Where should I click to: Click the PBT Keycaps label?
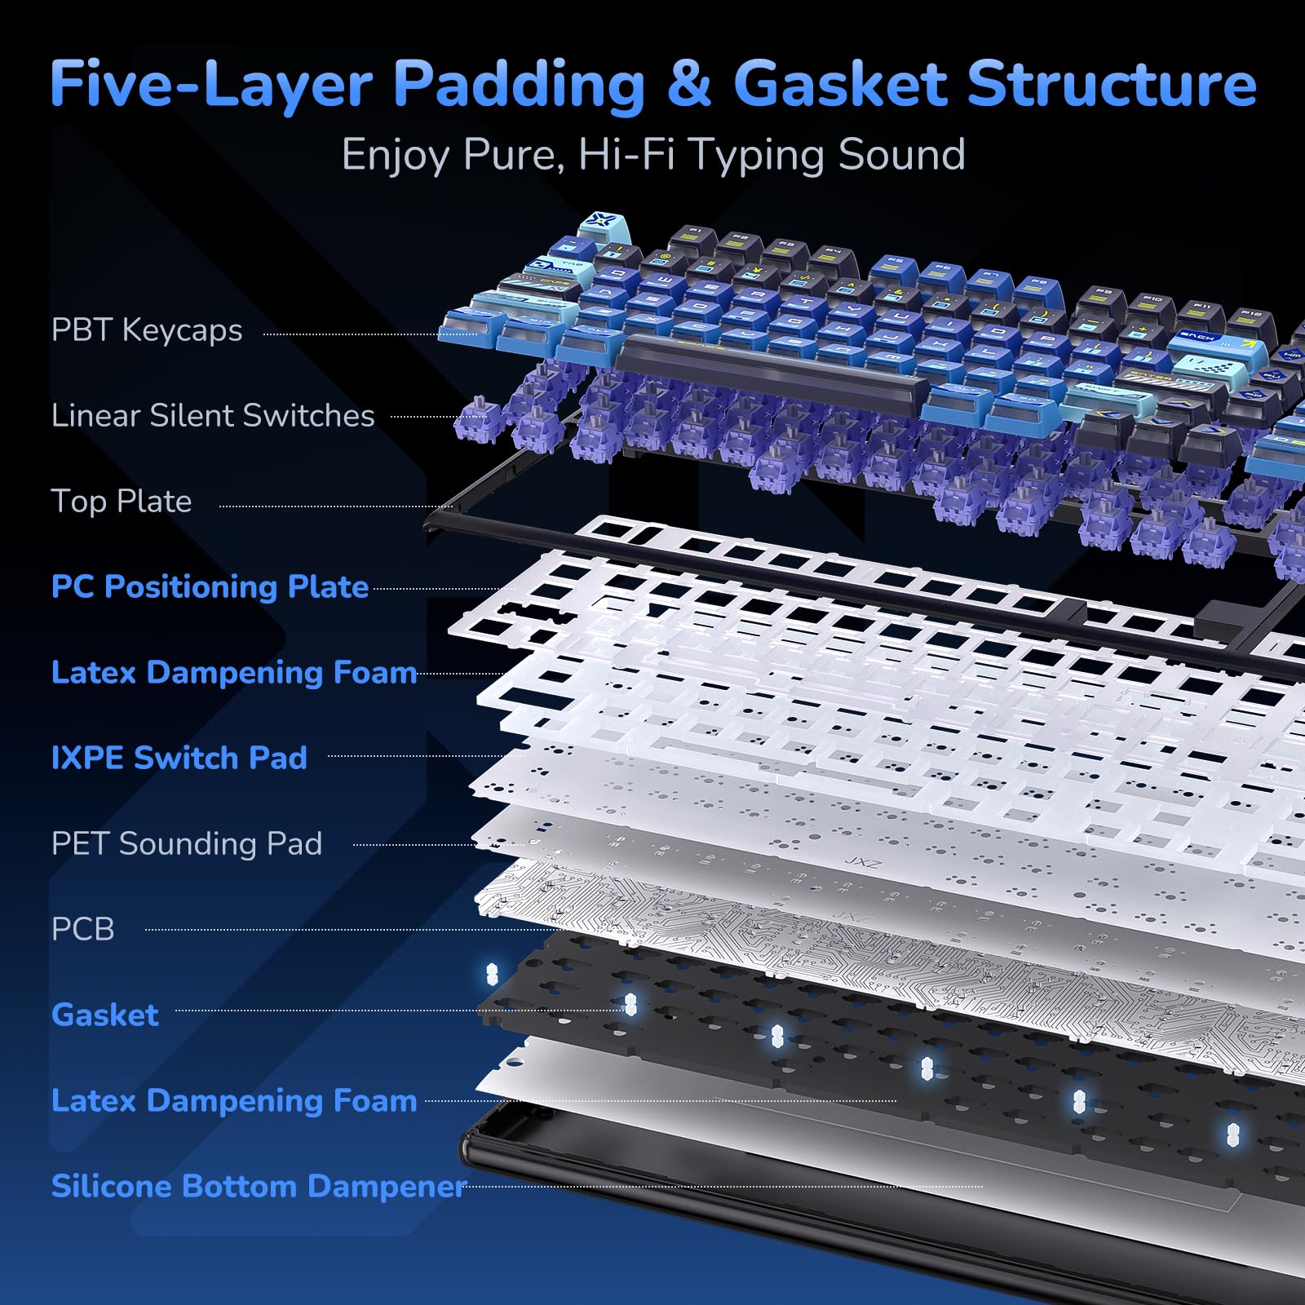147,331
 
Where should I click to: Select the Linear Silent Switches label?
213,416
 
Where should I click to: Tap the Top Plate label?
122,502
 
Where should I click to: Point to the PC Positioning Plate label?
210,587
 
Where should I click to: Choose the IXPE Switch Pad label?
179,758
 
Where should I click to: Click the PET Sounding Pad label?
187,843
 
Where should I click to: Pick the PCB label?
82,929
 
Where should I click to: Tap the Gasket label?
105,1015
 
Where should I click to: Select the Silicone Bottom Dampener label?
259,1186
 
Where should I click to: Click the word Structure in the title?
1112,84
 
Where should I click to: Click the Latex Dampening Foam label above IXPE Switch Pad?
234,673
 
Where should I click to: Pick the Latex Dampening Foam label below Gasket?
234,1100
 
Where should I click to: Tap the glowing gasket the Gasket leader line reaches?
630,1005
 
